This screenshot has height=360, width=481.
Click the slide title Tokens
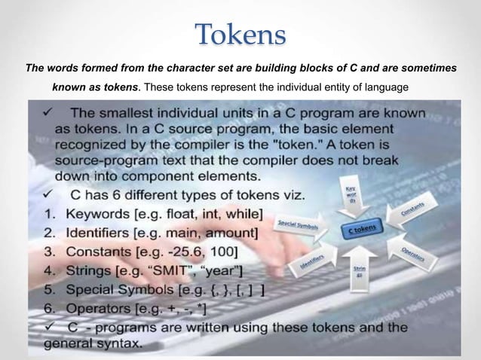[240, 35]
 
